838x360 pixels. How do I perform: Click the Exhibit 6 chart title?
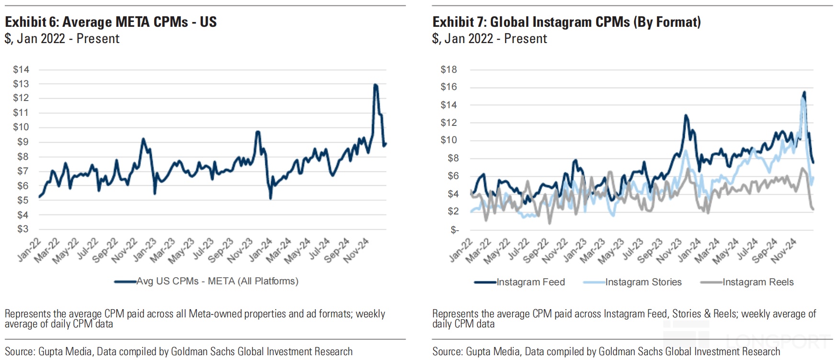tap(111, 22)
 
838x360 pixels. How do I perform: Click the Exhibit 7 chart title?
tap(566, 22)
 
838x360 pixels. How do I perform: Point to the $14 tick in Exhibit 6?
tap(21, 70)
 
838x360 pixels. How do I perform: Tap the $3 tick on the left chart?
tap(23, 229)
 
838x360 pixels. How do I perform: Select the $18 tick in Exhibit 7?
tap(449, 70)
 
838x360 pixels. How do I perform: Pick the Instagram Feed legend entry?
tap(531, 282)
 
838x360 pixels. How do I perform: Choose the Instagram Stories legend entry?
tap(643, 282)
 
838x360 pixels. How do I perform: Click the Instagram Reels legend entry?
tap(758, 282)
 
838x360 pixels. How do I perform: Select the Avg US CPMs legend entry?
tap(217, 281)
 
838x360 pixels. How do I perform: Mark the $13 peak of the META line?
tap(375, 85)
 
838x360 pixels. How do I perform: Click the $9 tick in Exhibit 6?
tap(23, 142)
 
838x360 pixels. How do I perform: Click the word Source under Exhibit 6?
tap(20, 352)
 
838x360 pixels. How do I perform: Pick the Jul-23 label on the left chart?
tap(204, 249)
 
